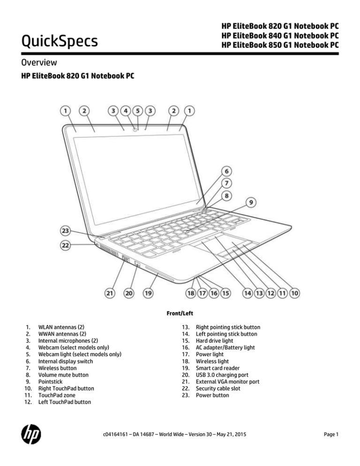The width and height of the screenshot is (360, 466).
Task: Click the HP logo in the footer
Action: (x=31, y=434)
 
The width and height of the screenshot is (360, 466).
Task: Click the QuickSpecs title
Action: (x=60, y=41)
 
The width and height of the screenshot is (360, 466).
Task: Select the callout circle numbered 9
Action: (x=251, y=203)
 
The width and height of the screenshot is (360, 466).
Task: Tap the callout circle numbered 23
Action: (x=66, y=231)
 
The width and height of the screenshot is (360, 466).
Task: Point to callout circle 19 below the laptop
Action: (x=148, y=293)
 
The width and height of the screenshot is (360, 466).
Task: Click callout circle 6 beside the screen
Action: (x=226, y=171)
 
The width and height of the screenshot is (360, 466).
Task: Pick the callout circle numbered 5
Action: (x=138, y=111)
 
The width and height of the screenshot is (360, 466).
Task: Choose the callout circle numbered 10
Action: (x=294, y=293)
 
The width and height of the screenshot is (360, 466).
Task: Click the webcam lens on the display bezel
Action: (x=135, y=129)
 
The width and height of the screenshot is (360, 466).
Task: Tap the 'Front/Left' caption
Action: (x=180, y=313)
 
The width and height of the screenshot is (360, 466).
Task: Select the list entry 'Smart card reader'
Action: (x=217, y=368)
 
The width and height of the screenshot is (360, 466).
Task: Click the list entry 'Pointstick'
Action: (x=50, y=382)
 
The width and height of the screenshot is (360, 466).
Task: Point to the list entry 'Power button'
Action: (x=212, y=395)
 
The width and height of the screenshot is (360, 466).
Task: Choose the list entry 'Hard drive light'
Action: (x=214, y=341)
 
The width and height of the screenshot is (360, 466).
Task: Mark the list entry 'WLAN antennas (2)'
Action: (x=61, y=327)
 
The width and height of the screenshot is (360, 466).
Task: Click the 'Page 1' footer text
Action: (x=331, y=435)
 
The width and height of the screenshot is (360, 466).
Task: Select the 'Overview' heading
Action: (x=39, y=62)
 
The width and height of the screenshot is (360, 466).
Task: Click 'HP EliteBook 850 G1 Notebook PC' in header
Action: (x=280, y=45)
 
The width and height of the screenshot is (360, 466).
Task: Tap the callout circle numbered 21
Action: (x=110, y=293)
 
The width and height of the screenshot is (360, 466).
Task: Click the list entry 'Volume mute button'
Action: (x=63, y=375)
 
